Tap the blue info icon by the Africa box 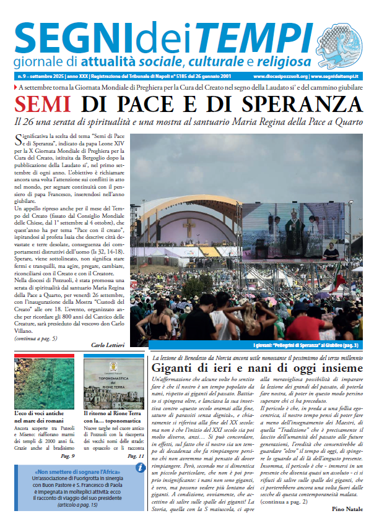pos(141,468)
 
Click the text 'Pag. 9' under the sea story pos(68,456)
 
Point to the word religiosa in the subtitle pos(277,62)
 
